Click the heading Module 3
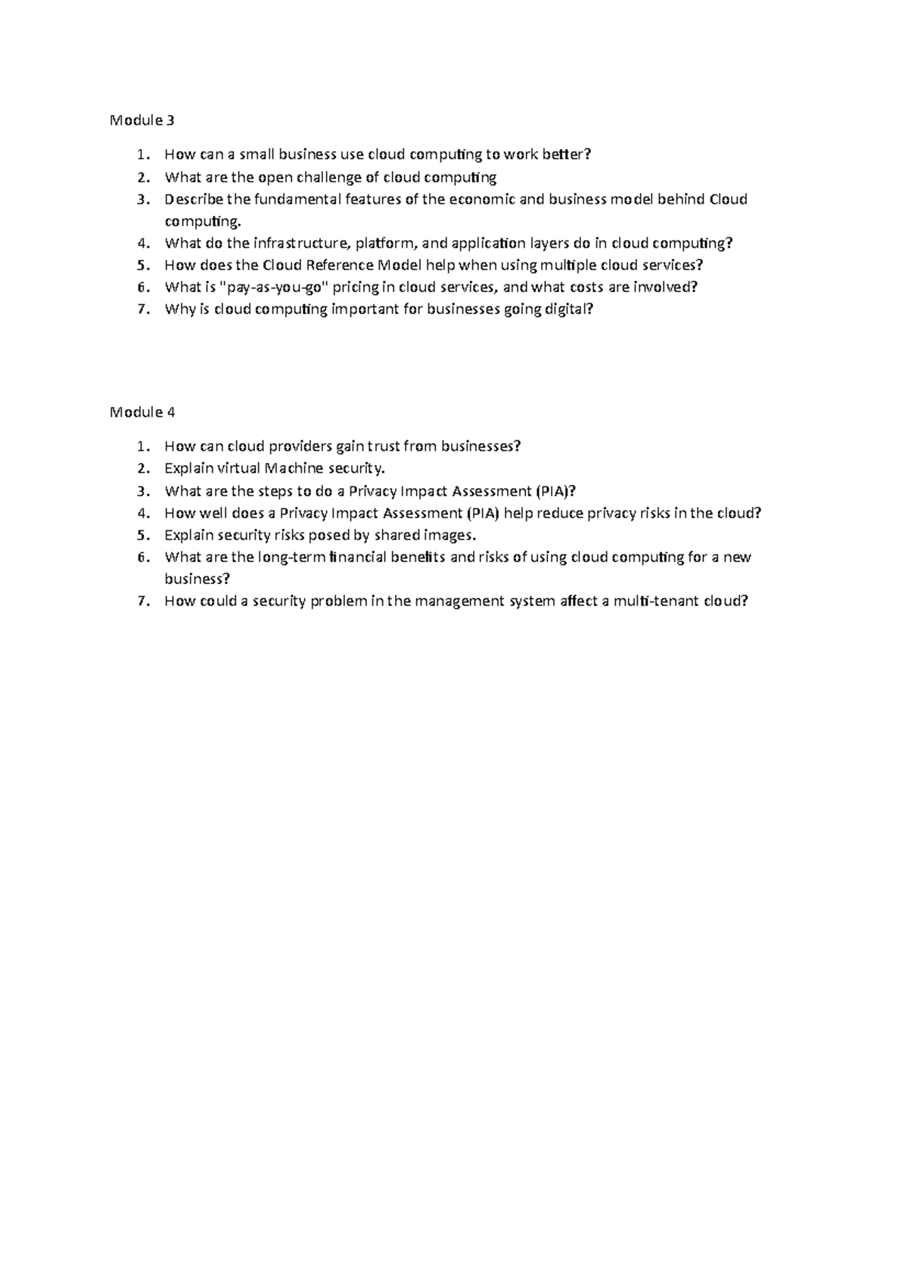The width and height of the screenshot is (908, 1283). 142,120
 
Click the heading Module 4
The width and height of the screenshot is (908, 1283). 142,412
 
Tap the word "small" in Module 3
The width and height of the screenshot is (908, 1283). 257,155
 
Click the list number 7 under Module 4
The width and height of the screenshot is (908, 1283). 141,601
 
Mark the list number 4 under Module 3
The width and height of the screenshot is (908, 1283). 141,244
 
